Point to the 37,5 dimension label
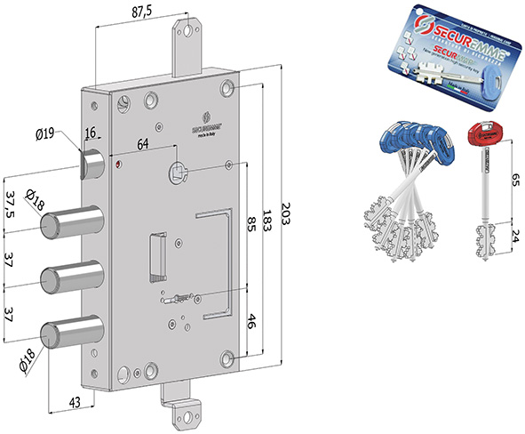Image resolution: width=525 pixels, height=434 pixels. pyautogui.click(x=12, y=208)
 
